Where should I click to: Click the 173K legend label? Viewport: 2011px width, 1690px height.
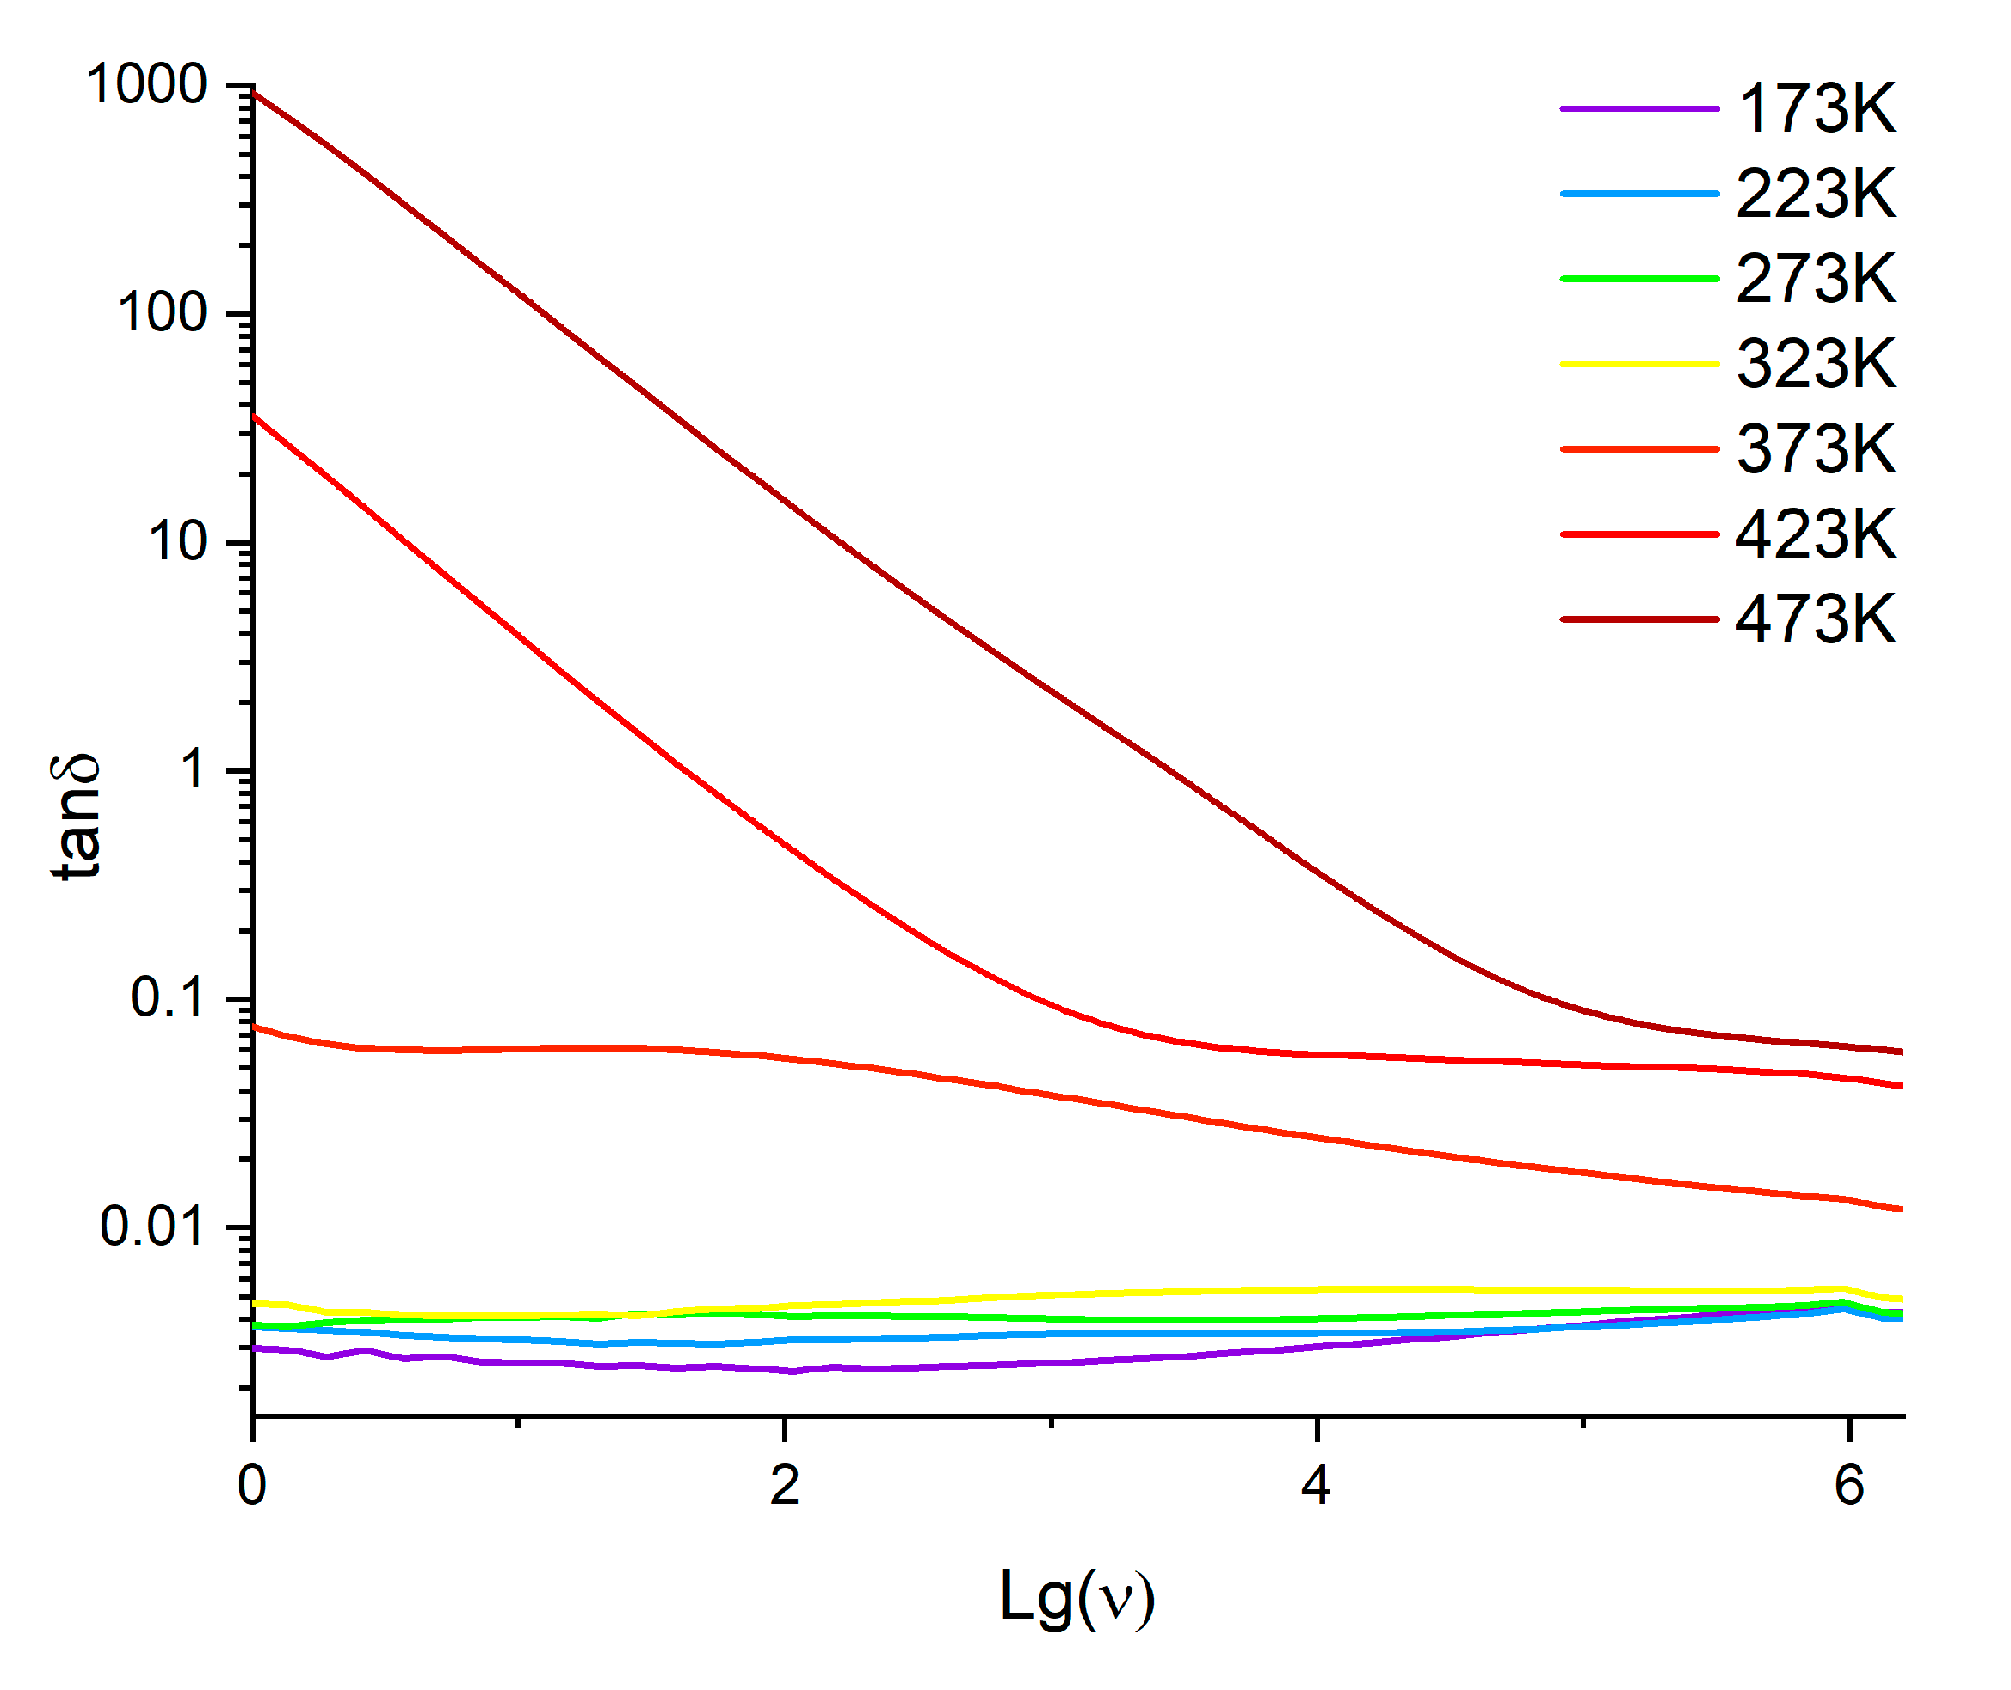1816,108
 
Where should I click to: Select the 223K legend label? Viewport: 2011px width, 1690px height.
1816,194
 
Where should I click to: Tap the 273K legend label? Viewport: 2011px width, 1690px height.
1816,279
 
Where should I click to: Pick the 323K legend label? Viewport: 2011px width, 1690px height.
1816,364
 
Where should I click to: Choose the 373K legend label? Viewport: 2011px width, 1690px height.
1816,448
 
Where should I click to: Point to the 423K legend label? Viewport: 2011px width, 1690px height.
1816,534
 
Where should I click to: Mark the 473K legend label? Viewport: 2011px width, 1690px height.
1816,619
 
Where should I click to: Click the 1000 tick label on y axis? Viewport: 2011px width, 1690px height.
146,84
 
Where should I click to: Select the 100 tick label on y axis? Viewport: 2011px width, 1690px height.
162,313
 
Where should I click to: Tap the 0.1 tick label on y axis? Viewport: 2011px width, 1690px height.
168,997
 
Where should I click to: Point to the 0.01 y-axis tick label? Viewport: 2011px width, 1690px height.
152,1226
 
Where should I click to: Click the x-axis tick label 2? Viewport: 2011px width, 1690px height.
785,1486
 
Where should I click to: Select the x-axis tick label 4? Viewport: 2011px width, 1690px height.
1317,1486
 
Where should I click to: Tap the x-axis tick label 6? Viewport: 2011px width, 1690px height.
1849,1486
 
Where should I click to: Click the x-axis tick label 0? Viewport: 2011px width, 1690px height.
252,1486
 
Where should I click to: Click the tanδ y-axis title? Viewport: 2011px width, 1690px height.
77,817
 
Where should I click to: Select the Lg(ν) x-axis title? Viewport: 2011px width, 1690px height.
1076,1597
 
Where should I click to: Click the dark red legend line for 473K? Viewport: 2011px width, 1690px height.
1638,620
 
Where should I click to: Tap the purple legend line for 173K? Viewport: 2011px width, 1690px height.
1638,109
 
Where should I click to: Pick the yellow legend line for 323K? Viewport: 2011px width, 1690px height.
1638,364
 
